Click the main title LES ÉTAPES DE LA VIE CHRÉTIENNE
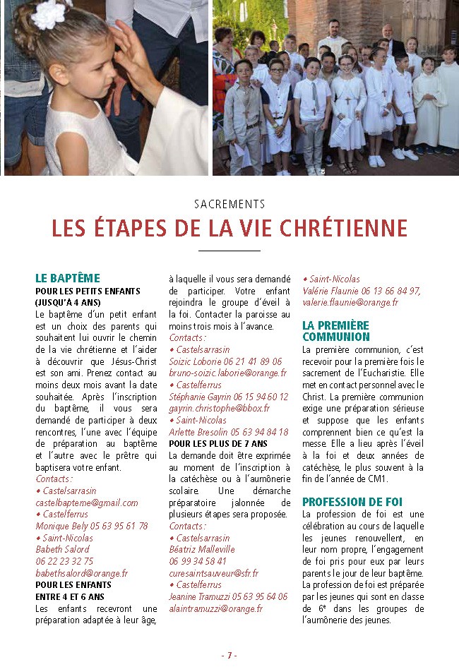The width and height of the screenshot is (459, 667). [x=229, y=229]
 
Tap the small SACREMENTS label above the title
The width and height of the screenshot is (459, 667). [x=229, y=205]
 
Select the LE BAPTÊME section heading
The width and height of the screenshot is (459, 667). [x=68, y=278]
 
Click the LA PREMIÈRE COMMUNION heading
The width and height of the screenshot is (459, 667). [x=336, y=331]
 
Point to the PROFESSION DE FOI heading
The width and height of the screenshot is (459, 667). [x=352, y=502]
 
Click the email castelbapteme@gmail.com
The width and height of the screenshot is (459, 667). [x=87, y=503]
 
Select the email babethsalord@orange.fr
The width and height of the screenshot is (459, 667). [x=82, y=573]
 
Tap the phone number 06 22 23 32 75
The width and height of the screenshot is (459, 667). [x=64, y=561]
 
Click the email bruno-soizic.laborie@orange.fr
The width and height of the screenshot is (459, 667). [x=227, y=373]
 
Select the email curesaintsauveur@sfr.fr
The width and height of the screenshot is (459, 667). [x=214, y=573]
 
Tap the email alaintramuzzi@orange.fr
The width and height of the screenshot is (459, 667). [x=216, y=608]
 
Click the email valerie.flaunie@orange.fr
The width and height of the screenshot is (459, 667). [x=350, y=302]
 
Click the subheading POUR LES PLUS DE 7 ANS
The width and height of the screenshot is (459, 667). [x=218, y=443]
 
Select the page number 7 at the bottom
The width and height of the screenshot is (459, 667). [x=229, y=655]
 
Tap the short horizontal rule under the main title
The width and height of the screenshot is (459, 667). [x=229, y=251]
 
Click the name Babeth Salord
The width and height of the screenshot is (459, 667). [x=63, y=549]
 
